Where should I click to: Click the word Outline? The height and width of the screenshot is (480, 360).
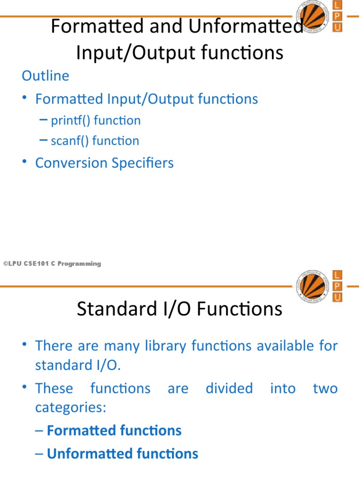[x=45, y=76]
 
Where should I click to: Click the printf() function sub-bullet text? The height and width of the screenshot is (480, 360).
[x=96, y=120]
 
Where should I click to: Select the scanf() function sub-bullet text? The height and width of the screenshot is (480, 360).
[x=95, y=141]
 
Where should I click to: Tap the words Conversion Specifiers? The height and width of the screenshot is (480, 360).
[x=105, y=163]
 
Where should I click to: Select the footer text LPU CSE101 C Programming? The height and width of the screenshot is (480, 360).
[x=52, y=264]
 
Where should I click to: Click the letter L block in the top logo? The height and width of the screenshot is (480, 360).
[x=337, y=5]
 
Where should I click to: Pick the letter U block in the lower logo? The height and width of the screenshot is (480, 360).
[x=337, y=297]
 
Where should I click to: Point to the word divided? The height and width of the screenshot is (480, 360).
[x=229, y=389]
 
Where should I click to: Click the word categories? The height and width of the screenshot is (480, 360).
[x=71, y=408]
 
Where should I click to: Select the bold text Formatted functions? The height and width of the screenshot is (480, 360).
[x=114, y=431]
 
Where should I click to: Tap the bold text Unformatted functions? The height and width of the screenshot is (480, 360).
[x=123, y=454]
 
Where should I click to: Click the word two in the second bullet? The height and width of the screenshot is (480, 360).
[x=325, y=389]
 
